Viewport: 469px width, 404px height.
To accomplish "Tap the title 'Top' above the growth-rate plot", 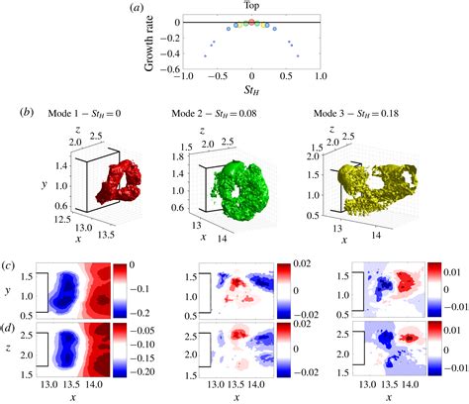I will [x=251, y=7].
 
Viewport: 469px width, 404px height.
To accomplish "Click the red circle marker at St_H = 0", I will [x=252, y=21].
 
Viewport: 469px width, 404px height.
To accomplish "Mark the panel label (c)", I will [x=9, y=265].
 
